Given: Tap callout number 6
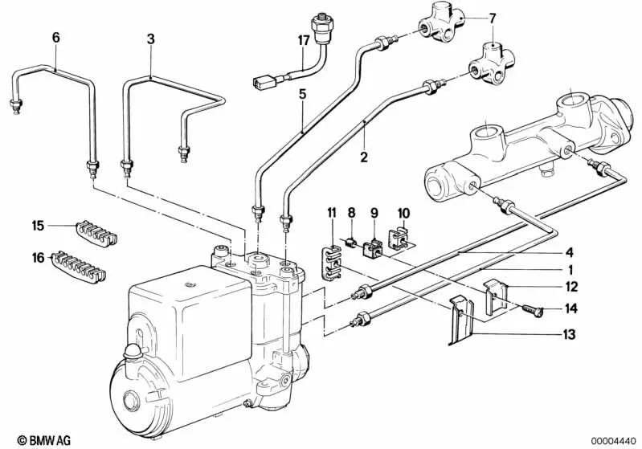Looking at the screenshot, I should [55, 37].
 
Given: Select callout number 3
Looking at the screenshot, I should [150, 37].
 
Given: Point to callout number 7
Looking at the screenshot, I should [493, 17].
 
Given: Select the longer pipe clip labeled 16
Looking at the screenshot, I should [80, 263].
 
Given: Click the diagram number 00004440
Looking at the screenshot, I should [615, 439].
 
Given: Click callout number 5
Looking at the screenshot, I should [302, 95].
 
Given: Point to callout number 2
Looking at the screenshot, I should [364, 158].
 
